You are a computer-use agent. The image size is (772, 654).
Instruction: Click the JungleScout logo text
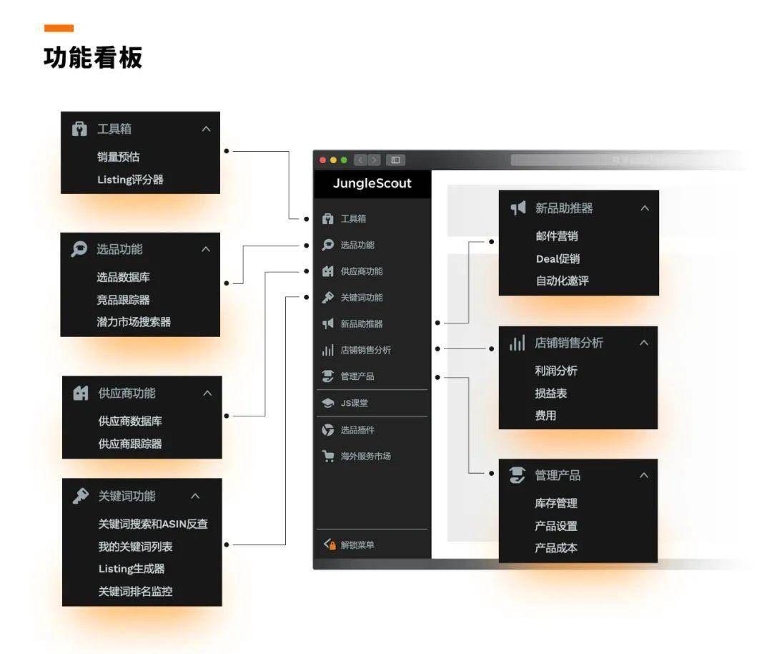pos(372,183)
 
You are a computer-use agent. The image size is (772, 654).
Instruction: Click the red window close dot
pos(323,160)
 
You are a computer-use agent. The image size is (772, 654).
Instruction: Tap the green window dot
pos(344,160)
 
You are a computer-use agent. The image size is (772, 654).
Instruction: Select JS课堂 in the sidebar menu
pos(355,403)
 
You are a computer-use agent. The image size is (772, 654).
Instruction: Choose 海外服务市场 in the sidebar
pos(366,457)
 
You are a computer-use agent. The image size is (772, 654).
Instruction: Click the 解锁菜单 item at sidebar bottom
pos(357,545)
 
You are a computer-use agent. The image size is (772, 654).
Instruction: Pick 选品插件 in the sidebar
pos(357,430)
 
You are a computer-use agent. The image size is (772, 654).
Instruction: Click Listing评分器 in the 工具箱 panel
pos(131,180)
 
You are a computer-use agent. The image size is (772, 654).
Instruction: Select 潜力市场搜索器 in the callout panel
pos(134,322)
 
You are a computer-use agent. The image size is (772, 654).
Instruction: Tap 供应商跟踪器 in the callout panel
pos(130,444)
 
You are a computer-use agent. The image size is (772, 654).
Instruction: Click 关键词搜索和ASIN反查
pos(153,524)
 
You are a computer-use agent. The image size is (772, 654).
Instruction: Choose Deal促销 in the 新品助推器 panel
pos(558,259)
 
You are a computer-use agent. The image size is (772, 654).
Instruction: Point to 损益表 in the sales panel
pos(551,394)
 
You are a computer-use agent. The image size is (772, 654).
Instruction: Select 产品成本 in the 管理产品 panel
pos(556,548)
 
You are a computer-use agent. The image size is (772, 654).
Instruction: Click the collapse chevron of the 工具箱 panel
pos(207,129)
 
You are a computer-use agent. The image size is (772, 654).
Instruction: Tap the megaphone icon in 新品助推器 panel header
pos(518,208)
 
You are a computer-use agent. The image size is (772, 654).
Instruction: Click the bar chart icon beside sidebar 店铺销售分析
pos(328,350)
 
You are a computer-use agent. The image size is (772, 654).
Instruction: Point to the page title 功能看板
pos(93,57)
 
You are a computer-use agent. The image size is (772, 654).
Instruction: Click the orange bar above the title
pos(59,28)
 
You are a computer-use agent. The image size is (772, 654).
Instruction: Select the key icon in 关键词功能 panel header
pos(80,496)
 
